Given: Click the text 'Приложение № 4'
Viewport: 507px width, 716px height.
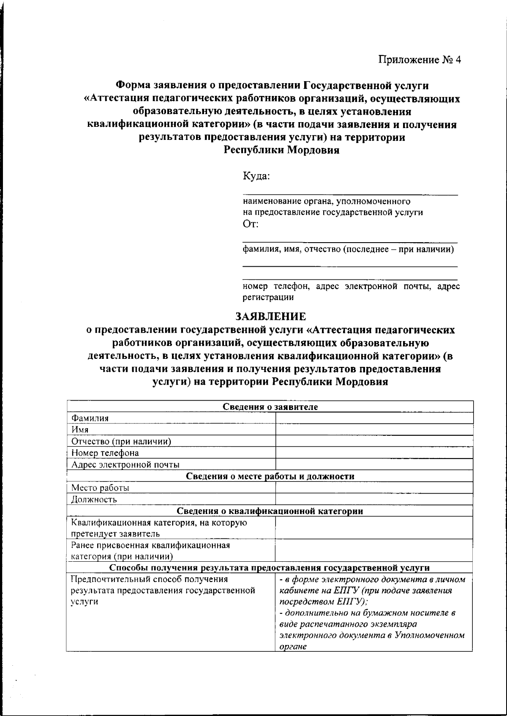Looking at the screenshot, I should click(419, 60).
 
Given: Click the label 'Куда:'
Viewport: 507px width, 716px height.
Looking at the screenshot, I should click(256, 175).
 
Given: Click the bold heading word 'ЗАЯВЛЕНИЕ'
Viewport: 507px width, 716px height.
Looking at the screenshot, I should click(270, 316).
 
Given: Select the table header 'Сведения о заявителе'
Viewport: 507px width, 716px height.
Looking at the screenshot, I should click(270, 407).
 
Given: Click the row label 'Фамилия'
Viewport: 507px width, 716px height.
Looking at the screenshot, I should click(90, 418).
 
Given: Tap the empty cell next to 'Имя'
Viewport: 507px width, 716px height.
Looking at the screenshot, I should click(373, 430).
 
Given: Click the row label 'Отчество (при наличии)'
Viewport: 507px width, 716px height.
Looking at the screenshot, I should click(121, 442).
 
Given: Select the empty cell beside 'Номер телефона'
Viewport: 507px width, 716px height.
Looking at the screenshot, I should click(373, 453).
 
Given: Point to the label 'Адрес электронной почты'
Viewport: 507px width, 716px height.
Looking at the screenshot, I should click(125, 465).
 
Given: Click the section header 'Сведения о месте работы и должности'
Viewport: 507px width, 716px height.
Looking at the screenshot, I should click(270, 476).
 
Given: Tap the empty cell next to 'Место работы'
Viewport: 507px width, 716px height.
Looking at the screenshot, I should click(373, 488).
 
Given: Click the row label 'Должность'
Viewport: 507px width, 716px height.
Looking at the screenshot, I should click(94, 500).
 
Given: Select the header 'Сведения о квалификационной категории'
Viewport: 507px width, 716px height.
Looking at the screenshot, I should click(270, 511).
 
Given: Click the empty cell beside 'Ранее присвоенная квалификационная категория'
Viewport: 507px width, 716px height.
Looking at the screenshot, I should click(373, 550).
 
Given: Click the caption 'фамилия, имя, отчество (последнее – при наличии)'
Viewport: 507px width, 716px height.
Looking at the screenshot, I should click(348, 249).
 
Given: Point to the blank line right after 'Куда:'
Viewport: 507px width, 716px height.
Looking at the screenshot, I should click(350, 191).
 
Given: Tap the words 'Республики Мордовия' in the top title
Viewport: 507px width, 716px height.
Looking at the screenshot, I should click(281, 150).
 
